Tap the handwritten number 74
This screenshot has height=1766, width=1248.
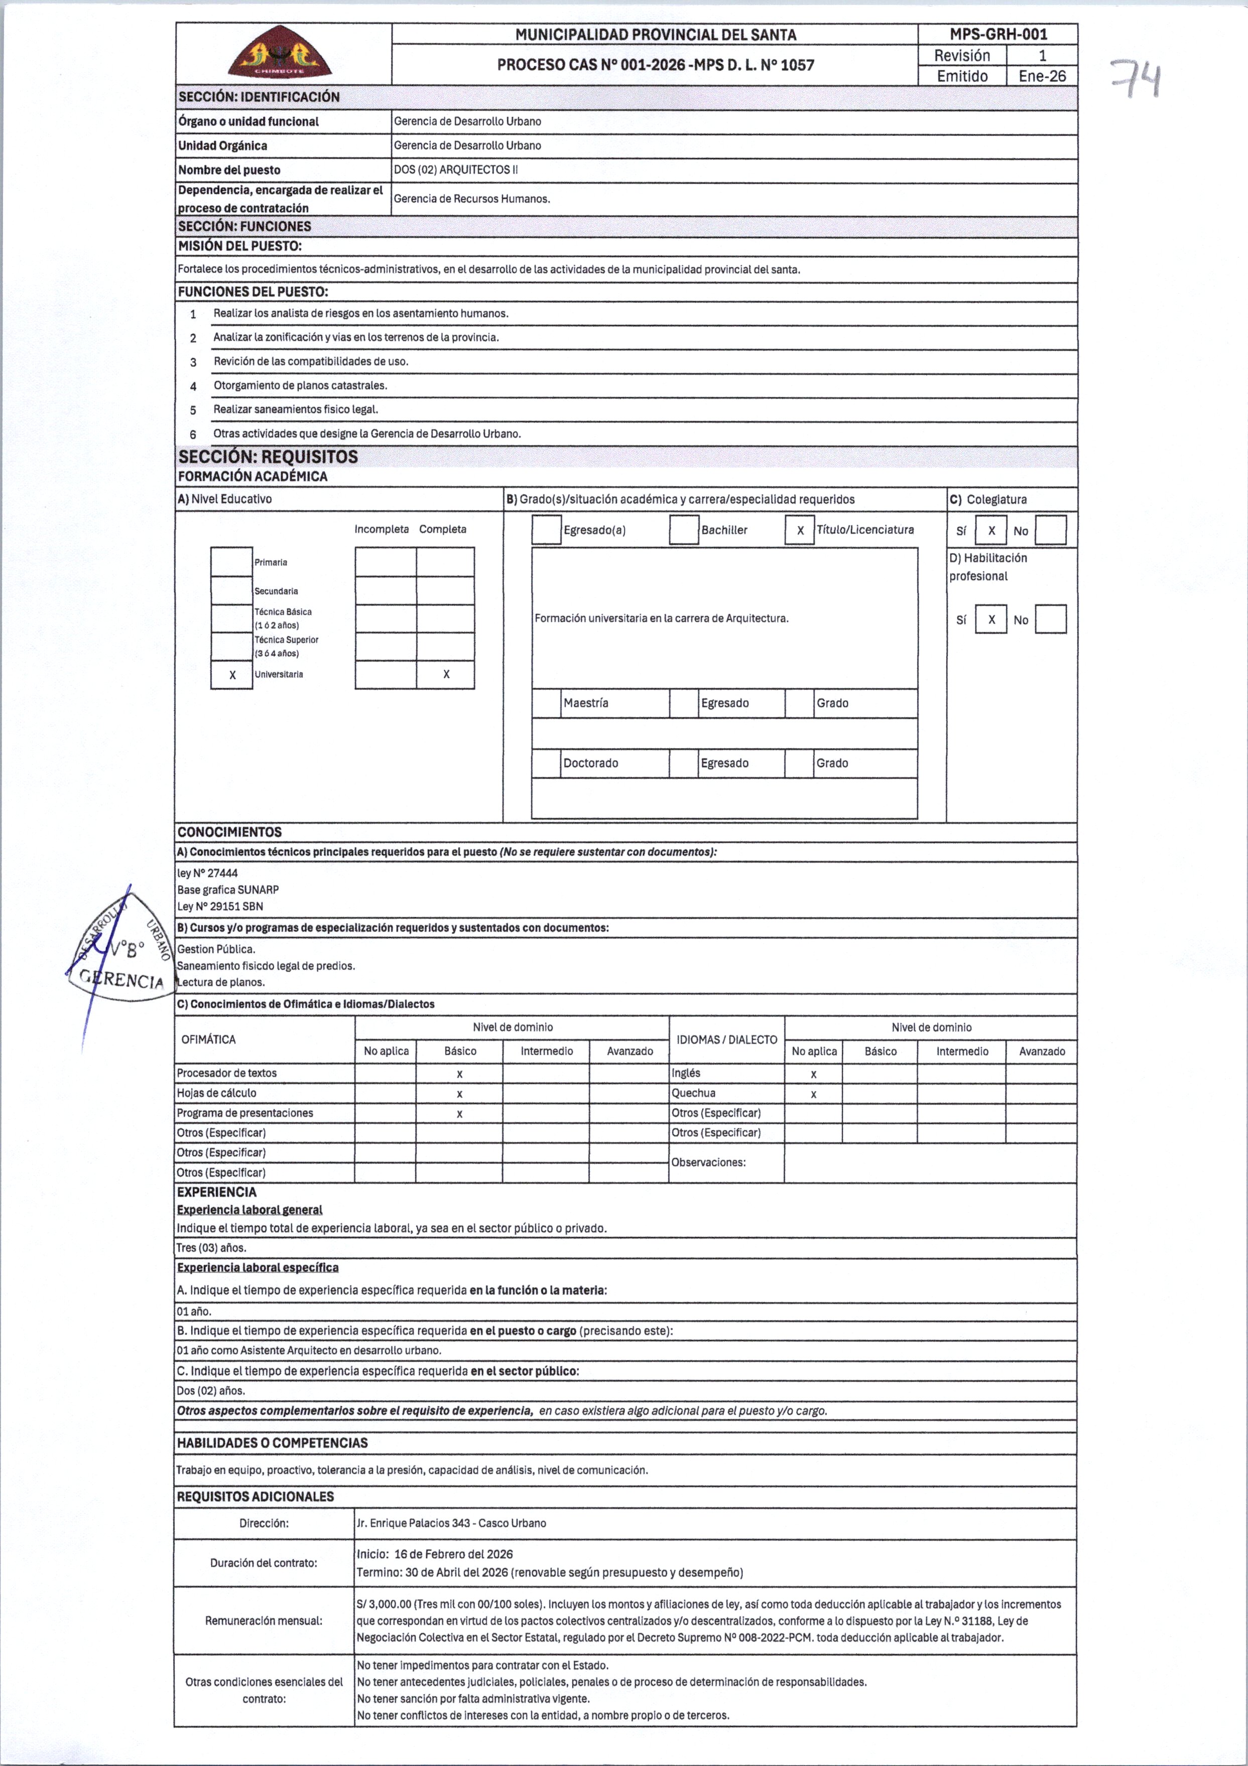pos(1134,80)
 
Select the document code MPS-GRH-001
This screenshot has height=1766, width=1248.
pos(998,34)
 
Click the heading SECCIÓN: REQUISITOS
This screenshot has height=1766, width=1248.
pos(268,457)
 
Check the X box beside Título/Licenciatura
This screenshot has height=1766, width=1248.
pos(799,530)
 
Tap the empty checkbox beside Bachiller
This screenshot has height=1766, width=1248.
pos(683,530)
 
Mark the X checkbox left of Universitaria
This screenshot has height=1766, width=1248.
pos(231,675)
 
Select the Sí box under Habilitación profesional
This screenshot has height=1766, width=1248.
pos(991,619)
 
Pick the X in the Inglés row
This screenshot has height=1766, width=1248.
pos(813,1074)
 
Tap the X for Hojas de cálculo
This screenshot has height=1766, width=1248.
pos(459,1094)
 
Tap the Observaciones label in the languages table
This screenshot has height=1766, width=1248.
pos(708,1162)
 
